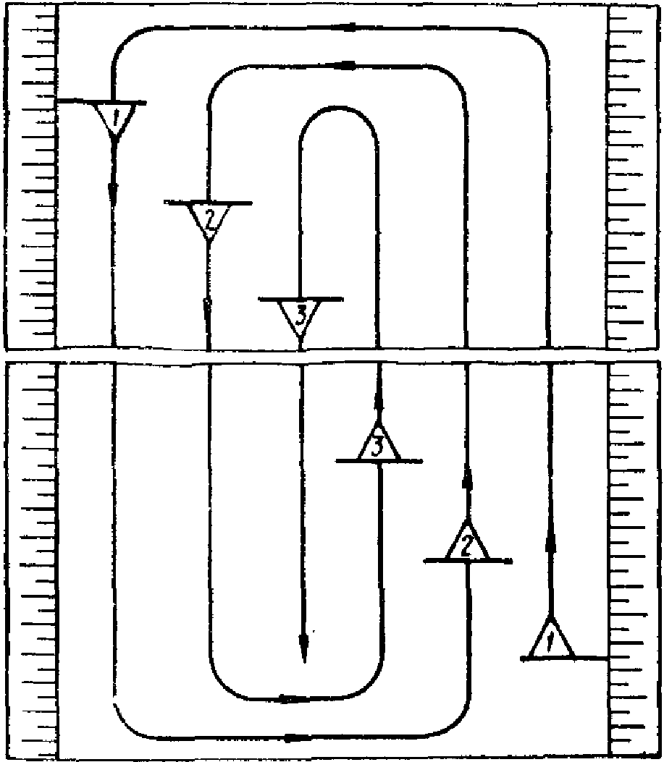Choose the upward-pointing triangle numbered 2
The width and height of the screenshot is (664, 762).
coord(467,544)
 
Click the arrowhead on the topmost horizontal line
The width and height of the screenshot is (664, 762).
coord(347,27)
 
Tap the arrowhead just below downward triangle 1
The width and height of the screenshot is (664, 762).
coord(114,192)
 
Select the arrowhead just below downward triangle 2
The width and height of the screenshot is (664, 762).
coord(208,308)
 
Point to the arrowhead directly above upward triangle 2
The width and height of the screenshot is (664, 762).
coord(467,478)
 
